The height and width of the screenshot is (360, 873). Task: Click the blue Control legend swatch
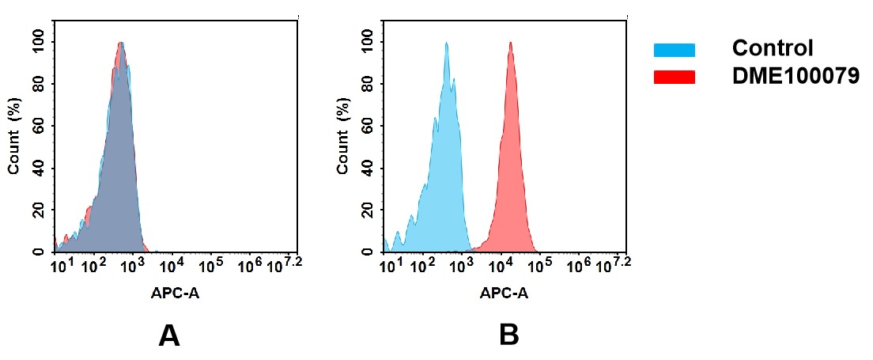click(674, 50)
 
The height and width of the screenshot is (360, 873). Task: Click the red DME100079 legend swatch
click(674, 77)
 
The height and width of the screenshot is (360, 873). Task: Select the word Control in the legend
click(772, 48)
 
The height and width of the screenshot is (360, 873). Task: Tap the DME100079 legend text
click(796, 77)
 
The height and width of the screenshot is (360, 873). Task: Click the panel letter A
click(169, 336)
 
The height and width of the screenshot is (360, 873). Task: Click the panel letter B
click(508, 336)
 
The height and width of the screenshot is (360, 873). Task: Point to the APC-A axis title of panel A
click(175, 293)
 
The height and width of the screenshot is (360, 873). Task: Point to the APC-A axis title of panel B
click(504, 293)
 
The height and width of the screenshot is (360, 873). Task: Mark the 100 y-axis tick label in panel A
click(38, 42)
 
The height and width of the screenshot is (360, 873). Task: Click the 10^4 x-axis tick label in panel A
click(172, 264)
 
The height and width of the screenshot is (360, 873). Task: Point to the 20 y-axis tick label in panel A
click(38, 210)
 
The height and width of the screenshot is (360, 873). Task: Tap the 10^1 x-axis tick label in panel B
click(390, 264)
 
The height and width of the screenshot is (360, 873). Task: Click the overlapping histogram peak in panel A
click(120, 47)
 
